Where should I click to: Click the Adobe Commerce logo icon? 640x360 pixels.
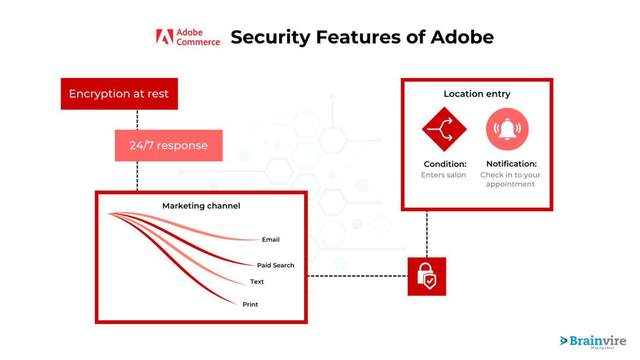pyautogui.click(x=164, y=37)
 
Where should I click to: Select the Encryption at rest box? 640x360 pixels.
pyautogui.click(x=119, y=94)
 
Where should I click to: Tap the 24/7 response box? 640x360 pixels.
pyautogui.click(x=168, y=145)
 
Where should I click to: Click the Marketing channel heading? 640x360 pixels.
pyautogui.click(x=201, y=206)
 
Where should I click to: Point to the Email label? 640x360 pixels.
pyautogui.click(x=270, y=240)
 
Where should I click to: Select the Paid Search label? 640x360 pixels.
pyautogui.click(x=275, y=265)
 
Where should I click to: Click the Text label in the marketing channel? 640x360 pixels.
pyautogui.click(x=257, y=282)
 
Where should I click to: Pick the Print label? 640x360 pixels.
pyautogui.click(x=250, y=304)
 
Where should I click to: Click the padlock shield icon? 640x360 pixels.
pyautogui.click(x=426, y=277)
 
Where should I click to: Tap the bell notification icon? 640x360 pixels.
pyautogui.click(x=507, y=129)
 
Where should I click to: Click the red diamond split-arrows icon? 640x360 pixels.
pyautogui.click(x=444, y=129)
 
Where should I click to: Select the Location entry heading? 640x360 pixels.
pyautogui.click(x=477, y=94)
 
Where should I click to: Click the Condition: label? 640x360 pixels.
pyautogui.click(x=445, y=164)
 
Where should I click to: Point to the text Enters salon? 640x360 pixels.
pyautogui.click(x=443, y=175)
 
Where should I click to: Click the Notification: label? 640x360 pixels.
pyautogui.click(x=511, y=164)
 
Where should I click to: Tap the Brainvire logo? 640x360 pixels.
pyautogui.click(x=593, y=341)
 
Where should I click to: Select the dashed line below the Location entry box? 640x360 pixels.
pyautogui.click(x=427, y=233)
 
